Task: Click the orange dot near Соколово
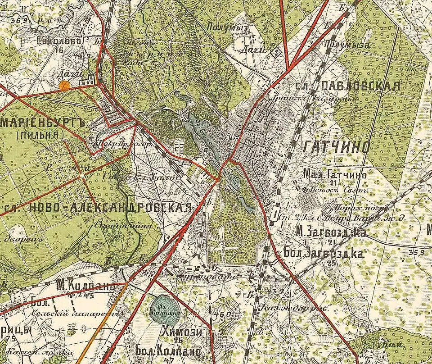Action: (65, 84)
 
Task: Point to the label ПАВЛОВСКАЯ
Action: (360, 86)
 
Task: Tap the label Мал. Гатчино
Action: (335, 174)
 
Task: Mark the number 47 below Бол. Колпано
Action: (169, 361)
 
